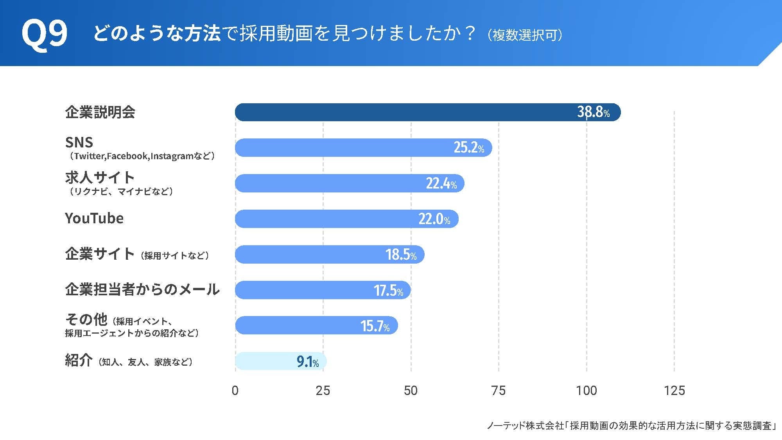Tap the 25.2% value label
468,147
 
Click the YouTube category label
94,218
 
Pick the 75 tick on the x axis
498,390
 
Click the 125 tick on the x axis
674,390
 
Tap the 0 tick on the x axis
235,390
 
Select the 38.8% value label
593,112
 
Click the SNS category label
79,142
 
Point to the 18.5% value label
400,255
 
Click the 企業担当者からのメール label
142,289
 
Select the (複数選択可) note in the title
525,35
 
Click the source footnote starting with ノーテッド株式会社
631,426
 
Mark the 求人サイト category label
100,178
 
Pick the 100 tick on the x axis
586,390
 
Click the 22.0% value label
434,219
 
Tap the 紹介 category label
79,360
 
